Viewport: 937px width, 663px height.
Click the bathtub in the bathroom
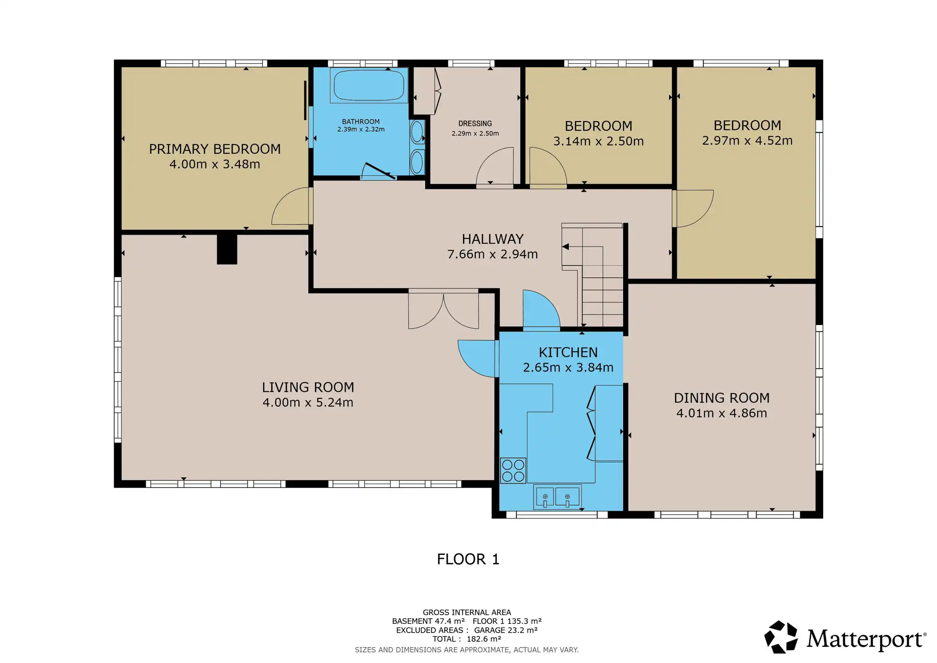369,85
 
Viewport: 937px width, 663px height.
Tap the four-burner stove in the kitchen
513,471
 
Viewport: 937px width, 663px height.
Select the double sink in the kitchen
557,497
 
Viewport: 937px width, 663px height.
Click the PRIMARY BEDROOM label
214,149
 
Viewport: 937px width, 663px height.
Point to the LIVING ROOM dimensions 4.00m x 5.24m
308,402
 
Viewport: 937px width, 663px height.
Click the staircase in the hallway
592,275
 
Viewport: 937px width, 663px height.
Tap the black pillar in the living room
227,249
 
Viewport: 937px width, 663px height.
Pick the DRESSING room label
475,123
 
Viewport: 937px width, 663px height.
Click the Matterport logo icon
781,637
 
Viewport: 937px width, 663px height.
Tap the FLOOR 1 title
468,559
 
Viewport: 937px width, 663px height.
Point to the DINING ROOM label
722,398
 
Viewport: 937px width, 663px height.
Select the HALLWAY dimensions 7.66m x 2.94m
492,254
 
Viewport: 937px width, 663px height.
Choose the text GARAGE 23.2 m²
506,630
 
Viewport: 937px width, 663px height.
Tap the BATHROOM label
361,122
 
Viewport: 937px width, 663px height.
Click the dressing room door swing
495,168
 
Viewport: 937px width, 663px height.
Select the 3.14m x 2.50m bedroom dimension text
598,141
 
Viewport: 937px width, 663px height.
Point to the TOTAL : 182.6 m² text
467,639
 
